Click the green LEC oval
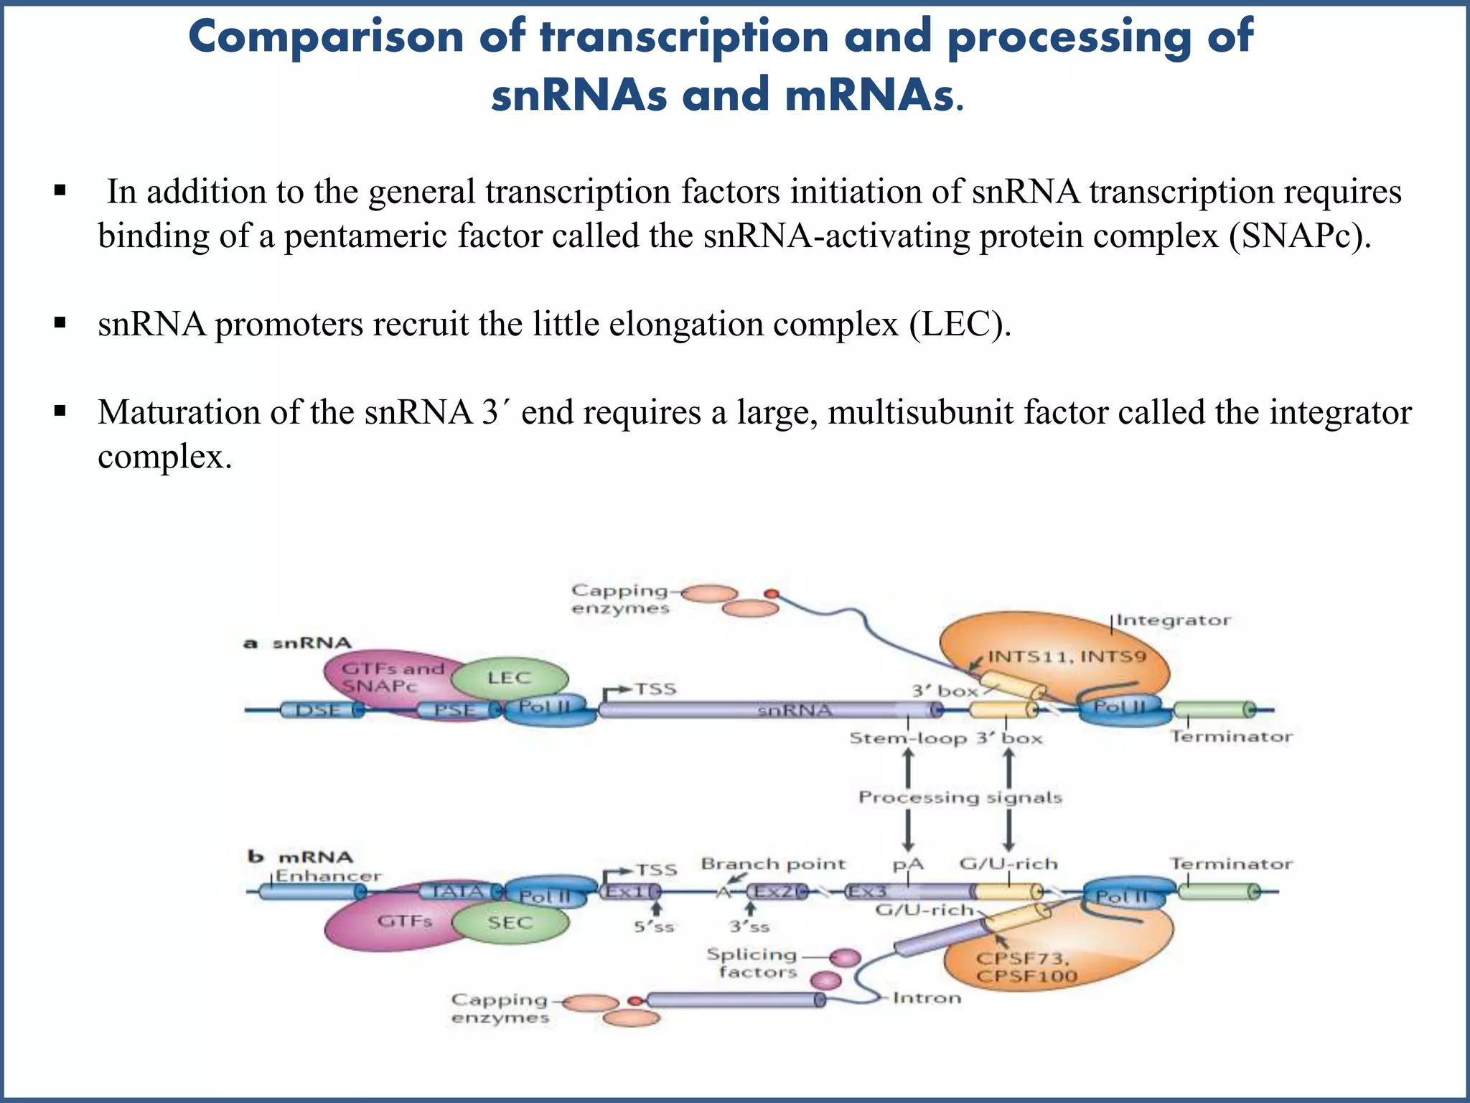coord(510,678)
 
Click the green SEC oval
coord(510,923)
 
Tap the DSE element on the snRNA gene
coord(319,710)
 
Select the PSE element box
coord(457,710)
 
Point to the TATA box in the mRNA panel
coord(459,892)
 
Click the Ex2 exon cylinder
coord(775,892)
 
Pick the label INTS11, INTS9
coord(1067,656)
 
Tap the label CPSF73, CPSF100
coord(1026,967)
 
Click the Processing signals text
coord(960,797)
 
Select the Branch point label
coord(773,864)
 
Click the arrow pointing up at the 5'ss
coord(652,908)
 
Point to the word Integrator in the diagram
coord(1173,620)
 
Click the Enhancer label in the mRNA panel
coord(329,876)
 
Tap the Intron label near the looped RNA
coord(927,997)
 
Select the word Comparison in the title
coord(326,37)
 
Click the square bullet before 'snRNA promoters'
coord(60,323)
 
